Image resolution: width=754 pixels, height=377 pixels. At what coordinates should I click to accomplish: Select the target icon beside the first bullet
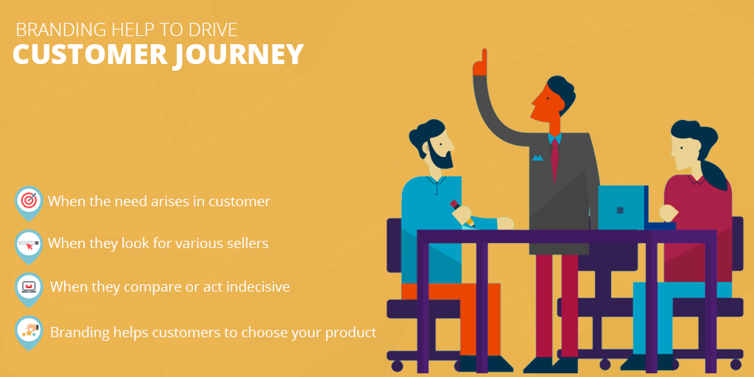pos(29,200)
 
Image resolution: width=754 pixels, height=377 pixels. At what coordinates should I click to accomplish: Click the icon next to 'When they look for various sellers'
pos(29,243)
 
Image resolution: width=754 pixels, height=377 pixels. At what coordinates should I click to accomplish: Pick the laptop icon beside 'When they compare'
pos(29,286)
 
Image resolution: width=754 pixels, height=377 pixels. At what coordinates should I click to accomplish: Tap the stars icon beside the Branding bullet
pos(29,331)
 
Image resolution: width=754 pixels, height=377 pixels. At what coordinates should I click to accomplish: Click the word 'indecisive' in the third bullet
pos(255,286)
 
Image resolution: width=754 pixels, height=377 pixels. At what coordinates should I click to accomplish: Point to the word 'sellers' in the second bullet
pos(244,243)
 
